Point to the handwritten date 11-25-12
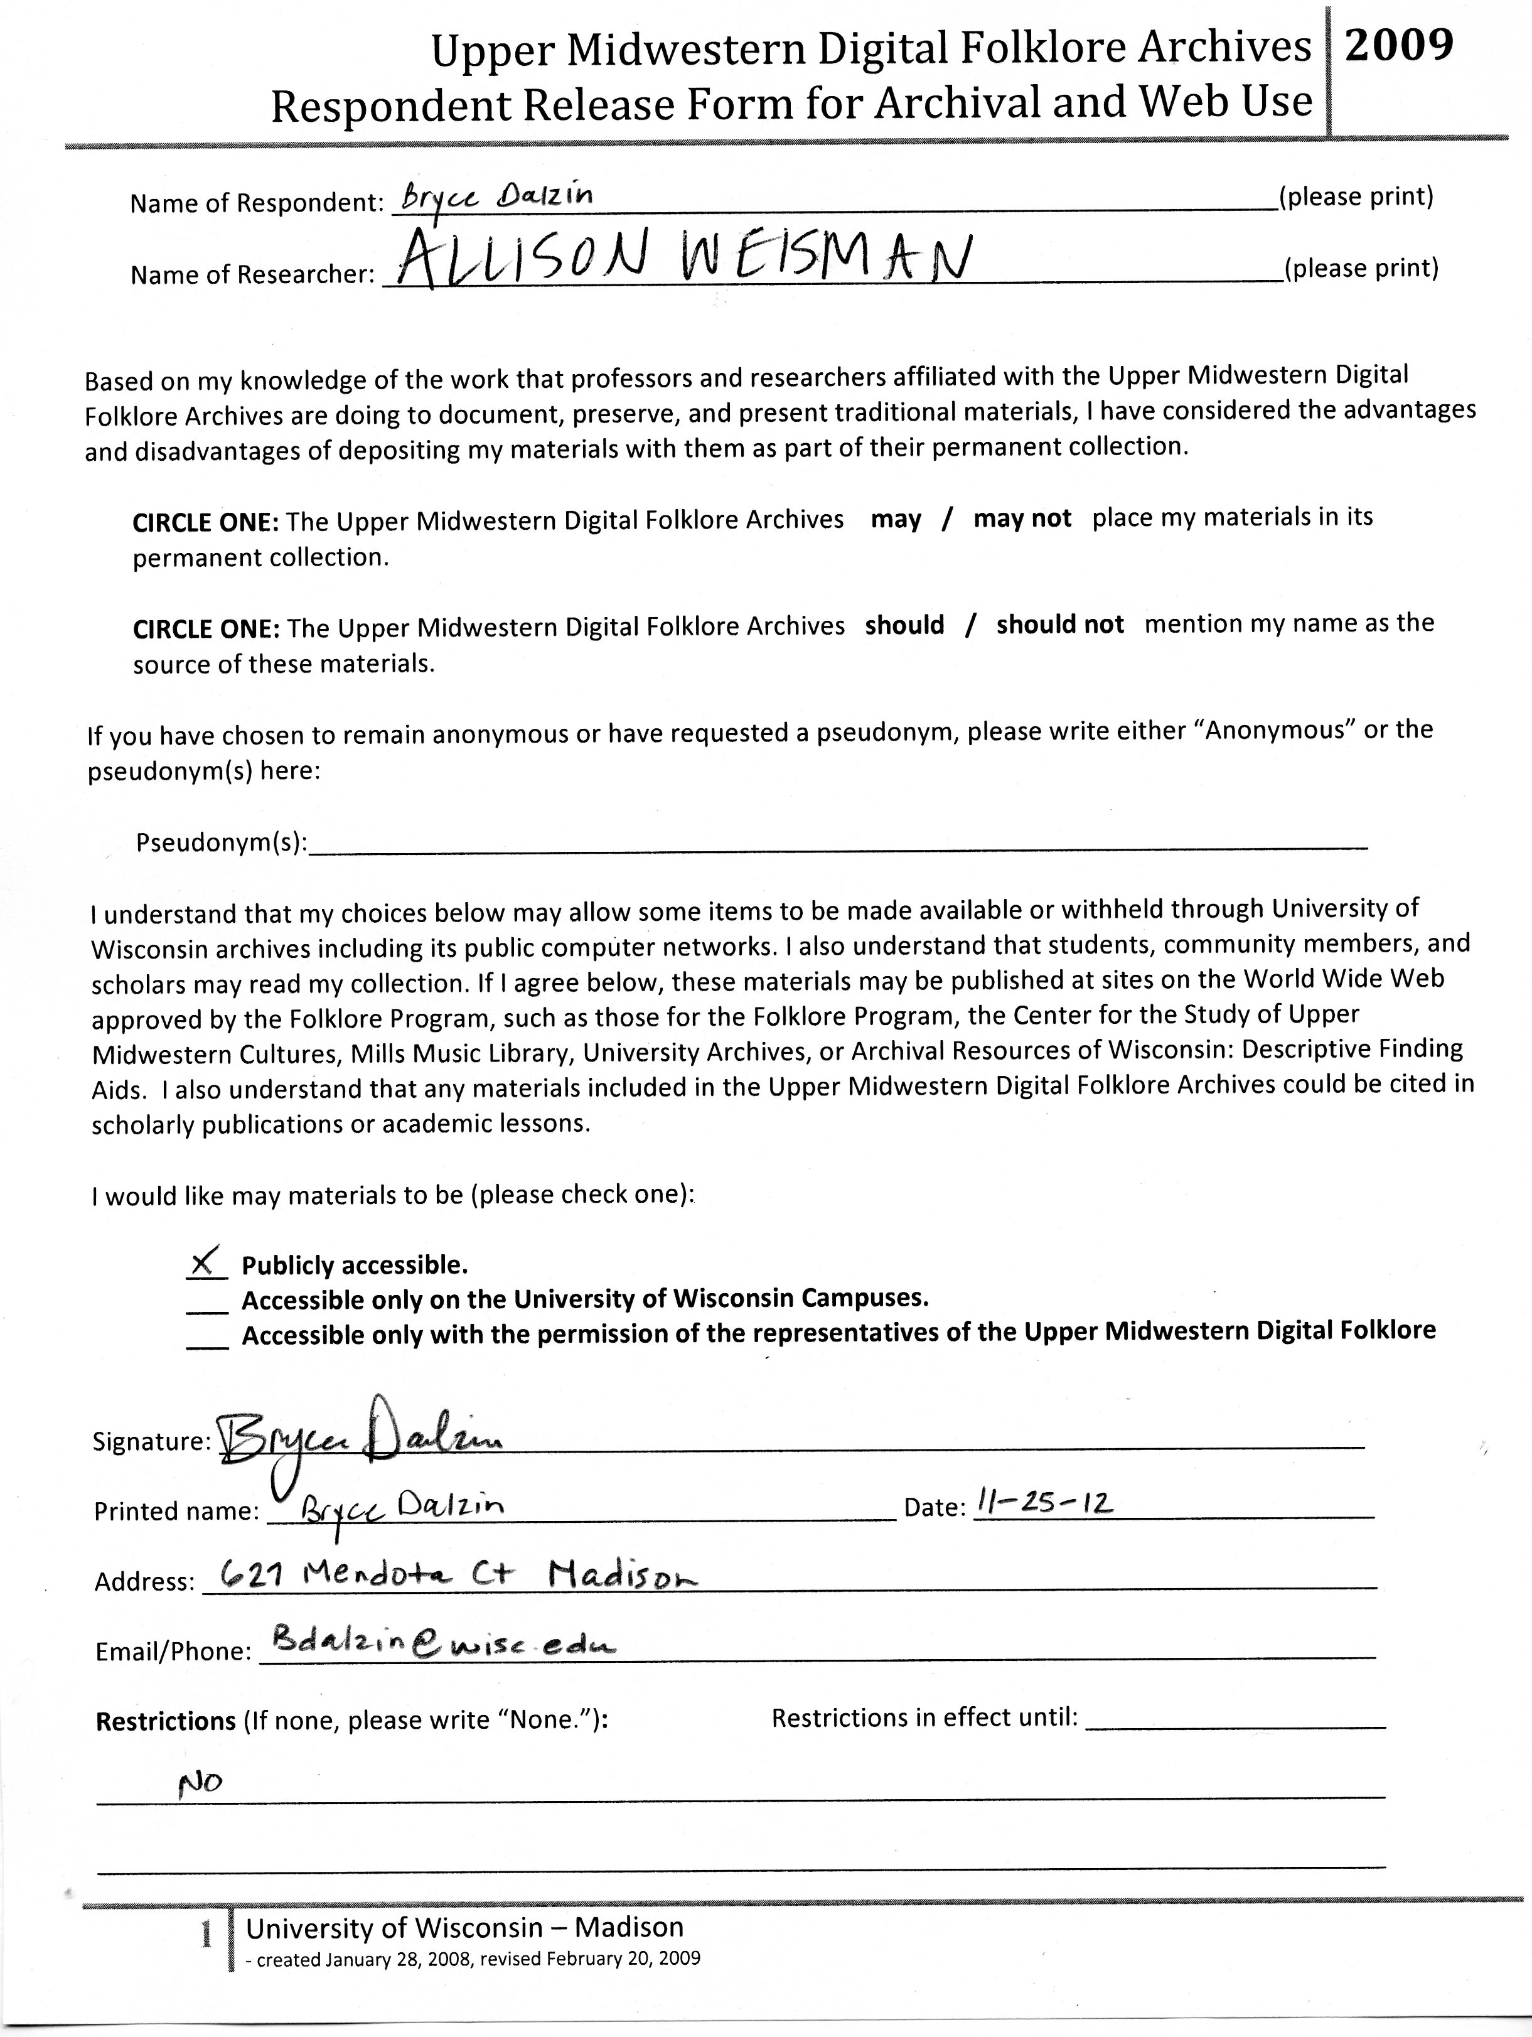tap(1044, 1504)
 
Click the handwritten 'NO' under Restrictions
tap(200, 1784)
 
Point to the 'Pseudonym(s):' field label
tap(221, 842)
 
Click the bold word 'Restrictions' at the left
tap(166, 1720)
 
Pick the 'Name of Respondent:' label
tap(256, 203)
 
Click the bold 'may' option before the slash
tap(896, 519)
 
